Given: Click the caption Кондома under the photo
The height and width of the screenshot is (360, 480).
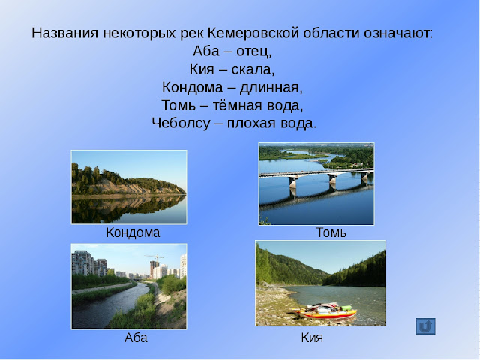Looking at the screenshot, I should coord(133,232).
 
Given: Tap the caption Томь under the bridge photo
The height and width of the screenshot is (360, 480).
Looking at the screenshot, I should coord(331,232).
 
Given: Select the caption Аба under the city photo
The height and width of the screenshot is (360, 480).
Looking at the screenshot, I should coord(136,337).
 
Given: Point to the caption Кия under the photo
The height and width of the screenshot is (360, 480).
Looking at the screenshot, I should coord(312,337).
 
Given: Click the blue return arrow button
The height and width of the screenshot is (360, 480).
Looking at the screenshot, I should coord(425,325).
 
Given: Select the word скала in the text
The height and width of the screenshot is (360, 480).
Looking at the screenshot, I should coord(255,70).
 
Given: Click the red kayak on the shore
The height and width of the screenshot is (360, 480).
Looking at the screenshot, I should coord(325,312).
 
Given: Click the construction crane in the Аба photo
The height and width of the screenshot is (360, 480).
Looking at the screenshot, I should coord(154,259).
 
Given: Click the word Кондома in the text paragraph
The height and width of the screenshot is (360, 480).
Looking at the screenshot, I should coord(192,87).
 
